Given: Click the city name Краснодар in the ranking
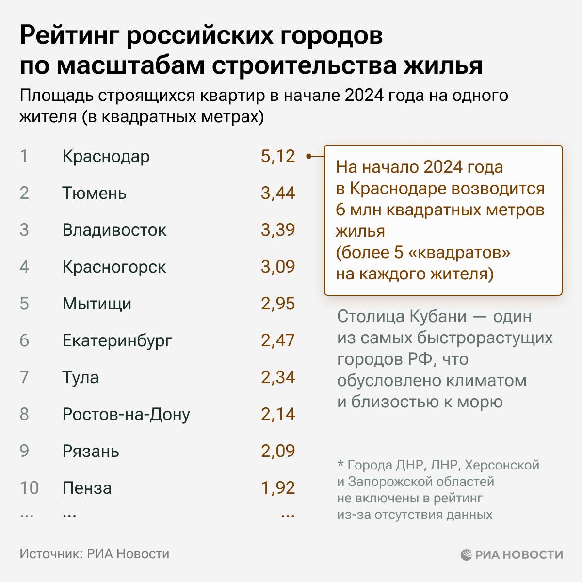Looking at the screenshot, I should click(106, 157).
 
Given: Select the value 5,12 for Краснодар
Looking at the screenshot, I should click(277, 156).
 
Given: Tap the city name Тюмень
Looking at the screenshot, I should click(94, 194).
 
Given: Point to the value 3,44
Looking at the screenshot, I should click(277, 193).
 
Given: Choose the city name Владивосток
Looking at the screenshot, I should click(114, 230).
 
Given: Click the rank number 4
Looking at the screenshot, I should click(24, 267).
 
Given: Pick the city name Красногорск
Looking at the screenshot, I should click(114, 267).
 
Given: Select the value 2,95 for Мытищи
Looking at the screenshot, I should click(277, 304).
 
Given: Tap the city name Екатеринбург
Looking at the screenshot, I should click(117, 340).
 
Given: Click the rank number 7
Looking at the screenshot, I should click(24, 377).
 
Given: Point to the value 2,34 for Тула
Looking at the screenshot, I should click(277, 377).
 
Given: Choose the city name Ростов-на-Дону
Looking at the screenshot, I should click(126, 414).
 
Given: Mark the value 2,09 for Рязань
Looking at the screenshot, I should click(277, 451).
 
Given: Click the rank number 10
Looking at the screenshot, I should click(29, 488).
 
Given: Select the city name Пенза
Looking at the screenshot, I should click(87, 488).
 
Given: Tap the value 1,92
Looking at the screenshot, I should click(277, 488).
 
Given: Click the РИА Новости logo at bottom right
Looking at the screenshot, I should click(512, 554).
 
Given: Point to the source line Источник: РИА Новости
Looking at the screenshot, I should click(95, 554).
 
